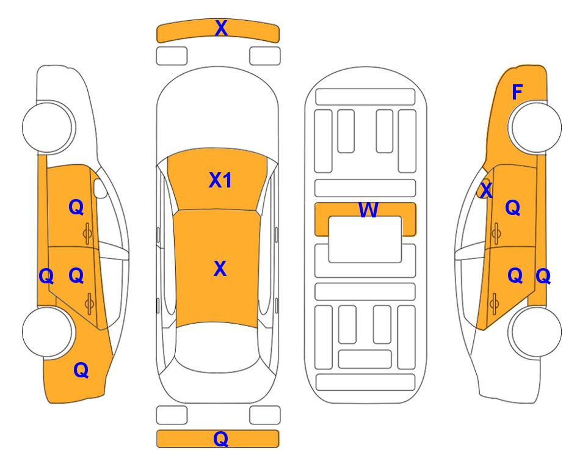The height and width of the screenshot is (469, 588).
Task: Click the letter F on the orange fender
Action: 517,92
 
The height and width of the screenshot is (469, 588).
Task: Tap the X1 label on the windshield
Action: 220,180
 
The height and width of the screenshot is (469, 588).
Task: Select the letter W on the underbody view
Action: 368,209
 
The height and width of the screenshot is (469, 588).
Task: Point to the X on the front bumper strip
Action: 221,28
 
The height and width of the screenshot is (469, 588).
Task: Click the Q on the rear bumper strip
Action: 221,438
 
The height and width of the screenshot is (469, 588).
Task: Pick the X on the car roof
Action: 220,269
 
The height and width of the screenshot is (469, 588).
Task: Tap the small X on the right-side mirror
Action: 487,190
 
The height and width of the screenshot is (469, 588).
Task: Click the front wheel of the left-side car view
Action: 48,127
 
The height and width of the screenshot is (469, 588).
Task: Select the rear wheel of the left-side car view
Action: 48,332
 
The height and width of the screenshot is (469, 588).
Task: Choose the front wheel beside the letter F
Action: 536,127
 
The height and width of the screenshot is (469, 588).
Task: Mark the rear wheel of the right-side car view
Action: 536,332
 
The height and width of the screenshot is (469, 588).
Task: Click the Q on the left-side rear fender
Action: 81,371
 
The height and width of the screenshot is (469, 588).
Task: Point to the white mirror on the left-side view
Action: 100,188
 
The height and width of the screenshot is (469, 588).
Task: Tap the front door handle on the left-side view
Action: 88,233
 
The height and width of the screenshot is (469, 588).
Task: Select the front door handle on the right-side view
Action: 496,233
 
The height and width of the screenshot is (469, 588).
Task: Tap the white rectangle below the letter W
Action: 365,239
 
